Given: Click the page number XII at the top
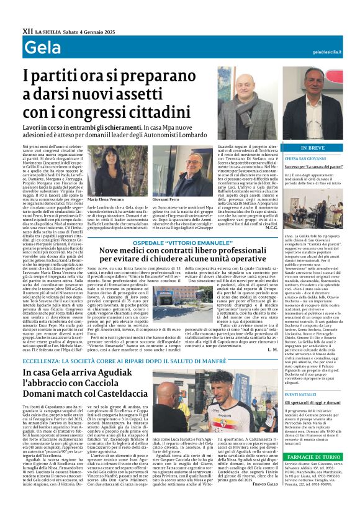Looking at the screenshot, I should [x=26, y=29].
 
